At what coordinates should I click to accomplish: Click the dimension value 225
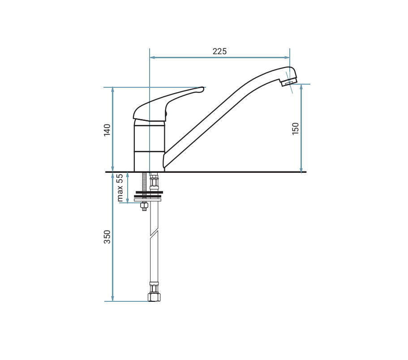click(x=219, y=51)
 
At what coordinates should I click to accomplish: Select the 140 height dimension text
click(x=107, y=130)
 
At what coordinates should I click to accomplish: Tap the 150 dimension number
click(x=296, y=129)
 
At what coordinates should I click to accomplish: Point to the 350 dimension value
click(x=107, y=237)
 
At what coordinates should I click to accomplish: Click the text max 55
click(x=120, y=188)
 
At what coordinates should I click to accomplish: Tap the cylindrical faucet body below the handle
click(x=149, y=146)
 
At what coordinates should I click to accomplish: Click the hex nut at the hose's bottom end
click(x=154, y=297)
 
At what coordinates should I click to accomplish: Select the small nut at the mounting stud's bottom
click(x=144, y=206)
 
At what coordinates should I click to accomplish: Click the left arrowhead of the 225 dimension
click(x=152, y=57)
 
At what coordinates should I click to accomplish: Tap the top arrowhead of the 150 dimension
click(x=301, y=87)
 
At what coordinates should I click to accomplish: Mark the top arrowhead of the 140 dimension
click(x=113, y=90)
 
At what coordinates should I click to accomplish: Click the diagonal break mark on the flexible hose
click(x=154, y=233)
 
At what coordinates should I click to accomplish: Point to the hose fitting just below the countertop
click(x=154, y=181)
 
